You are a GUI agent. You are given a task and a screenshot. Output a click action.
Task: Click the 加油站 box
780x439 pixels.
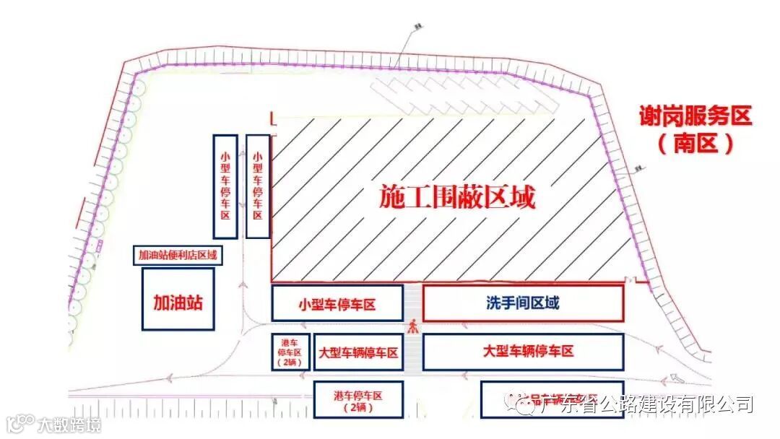click(x=178, y=299)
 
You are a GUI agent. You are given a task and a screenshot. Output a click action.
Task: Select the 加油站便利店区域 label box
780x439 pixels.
click(x=178, y=256)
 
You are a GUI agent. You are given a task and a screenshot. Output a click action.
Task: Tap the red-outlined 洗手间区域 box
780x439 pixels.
click(x=522, y=303)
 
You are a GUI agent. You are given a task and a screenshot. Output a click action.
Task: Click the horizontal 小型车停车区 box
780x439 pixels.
click(x=337, y=303)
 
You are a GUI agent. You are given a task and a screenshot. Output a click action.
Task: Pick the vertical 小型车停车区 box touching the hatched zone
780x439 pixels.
click(x=258, y=186)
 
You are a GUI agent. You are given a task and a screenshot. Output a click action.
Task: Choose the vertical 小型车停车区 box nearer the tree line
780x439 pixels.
click(x=225, y=186)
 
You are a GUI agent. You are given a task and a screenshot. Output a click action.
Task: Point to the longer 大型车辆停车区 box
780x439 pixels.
click(x=522, y=352)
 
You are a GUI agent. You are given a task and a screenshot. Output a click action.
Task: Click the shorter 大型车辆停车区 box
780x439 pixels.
click(x=358, y=352)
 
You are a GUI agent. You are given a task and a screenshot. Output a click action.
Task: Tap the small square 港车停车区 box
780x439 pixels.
click(x=291, y=352)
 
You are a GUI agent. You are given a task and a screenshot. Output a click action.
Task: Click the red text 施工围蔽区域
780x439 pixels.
click(x=458, y=197)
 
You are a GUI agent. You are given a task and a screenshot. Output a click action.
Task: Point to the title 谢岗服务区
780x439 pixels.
click(x=695, y=116)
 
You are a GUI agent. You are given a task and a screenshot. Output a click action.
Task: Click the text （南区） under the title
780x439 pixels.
click(x=695, y=144)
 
